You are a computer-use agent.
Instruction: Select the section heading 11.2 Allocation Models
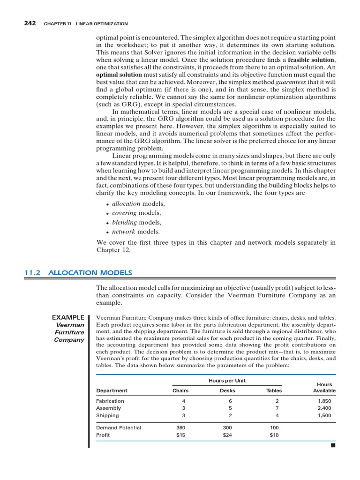coord(78,272)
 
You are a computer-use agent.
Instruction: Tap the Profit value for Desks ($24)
coord(227,435)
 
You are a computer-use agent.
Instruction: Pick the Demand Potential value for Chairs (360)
coord(180,427)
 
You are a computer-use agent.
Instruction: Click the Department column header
coord(112,390)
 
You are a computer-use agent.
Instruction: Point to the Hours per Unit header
coord(227,381)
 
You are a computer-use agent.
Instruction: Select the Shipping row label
coord(107,415)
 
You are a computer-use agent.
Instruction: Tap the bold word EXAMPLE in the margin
coord(68,317)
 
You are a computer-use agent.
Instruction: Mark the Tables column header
coord(274,390)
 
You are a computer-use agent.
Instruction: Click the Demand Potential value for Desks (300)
coord(227,427)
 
